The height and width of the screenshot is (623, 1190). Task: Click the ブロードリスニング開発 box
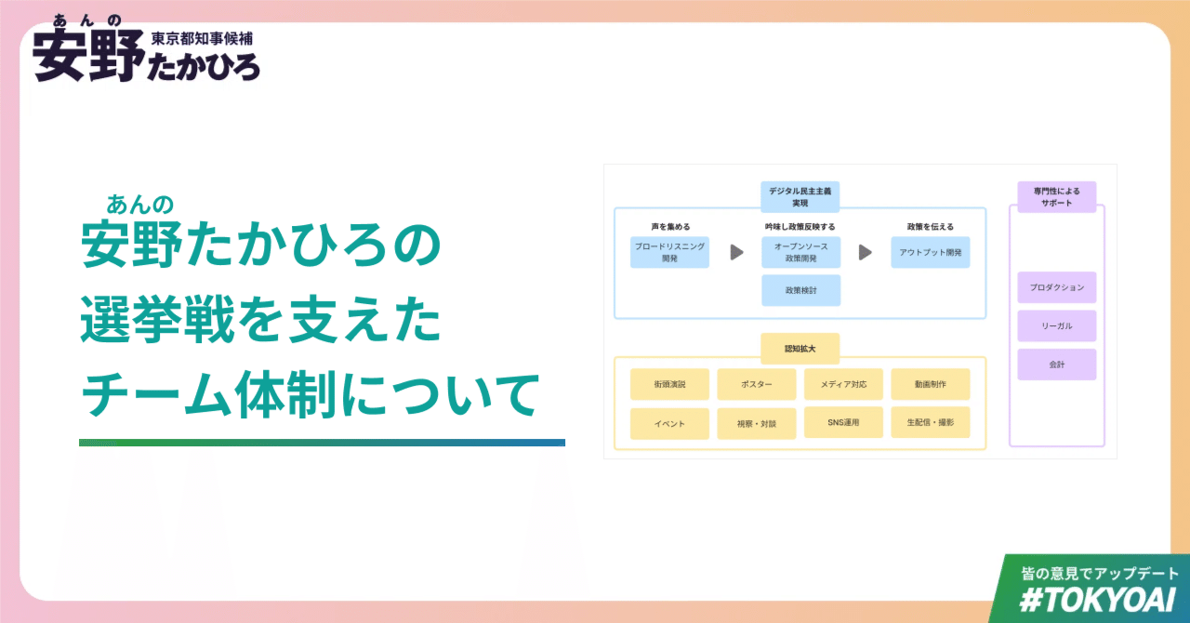669,252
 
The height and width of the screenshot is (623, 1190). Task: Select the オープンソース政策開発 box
800,252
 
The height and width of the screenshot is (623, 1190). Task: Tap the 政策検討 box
800,290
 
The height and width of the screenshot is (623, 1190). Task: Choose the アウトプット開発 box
930,252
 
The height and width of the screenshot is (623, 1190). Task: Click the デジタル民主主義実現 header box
800,196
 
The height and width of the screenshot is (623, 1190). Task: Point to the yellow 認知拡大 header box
800,349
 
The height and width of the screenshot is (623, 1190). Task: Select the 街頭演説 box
669,384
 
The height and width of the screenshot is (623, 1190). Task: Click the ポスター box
756,384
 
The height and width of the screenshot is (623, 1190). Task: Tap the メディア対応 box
843,384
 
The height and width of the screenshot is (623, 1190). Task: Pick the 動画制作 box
930,384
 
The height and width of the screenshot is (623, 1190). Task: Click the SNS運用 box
843,422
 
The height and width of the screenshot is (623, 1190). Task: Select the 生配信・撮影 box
930,422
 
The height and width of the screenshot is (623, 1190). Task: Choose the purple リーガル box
1056,326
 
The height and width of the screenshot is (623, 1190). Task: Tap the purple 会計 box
1056,365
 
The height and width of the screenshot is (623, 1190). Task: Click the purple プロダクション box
1056,287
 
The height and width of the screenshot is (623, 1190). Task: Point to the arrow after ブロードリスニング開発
736,252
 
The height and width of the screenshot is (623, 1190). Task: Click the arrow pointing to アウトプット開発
865,252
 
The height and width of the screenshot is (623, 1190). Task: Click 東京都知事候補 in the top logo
202,39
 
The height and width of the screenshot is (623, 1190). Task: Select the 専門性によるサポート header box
1056,196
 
